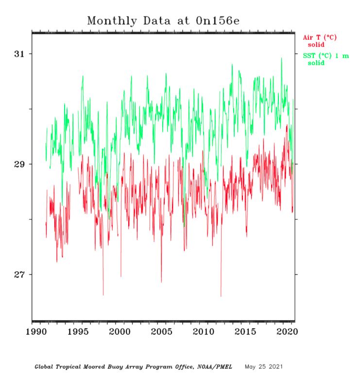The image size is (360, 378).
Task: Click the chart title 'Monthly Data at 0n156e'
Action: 163,21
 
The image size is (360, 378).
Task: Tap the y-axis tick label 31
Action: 19,53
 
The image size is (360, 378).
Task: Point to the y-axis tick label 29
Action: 19,164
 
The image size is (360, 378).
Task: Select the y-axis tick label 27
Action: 19,275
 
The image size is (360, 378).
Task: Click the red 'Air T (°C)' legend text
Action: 320,37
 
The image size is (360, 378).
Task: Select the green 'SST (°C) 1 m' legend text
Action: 326,56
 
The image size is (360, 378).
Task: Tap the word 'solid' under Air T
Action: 316,45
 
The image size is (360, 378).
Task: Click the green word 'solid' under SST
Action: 316,63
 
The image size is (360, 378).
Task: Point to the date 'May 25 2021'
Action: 264,366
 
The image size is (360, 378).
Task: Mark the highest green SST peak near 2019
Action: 281,58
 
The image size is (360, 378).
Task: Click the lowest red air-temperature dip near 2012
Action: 221,296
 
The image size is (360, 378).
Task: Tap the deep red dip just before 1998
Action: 103,294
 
